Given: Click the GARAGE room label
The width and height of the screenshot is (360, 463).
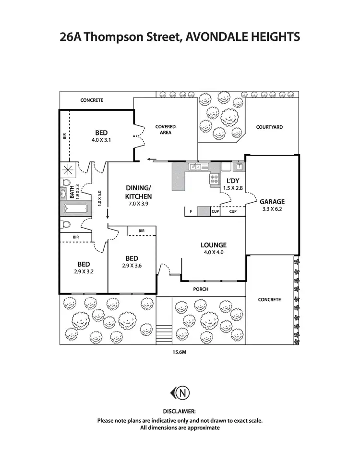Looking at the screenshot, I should [x=272, y=202].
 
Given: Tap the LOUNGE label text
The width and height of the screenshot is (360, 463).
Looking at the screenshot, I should [x=213, y=245].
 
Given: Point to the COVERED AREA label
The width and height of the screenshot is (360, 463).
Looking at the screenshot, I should [x=165, y=129].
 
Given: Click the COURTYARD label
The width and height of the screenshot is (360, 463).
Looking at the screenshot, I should [x=269, y=127].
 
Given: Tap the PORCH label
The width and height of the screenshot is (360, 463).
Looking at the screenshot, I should [x=201, y=289].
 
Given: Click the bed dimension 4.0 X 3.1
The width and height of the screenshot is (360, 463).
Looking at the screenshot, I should [x=101, y=140].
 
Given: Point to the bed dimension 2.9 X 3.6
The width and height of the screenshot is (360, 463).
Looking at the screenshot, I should [x=132, y=266].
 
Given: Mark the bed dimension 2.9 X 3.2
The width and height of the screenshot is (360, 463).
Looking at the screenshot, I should [x=84, y=271].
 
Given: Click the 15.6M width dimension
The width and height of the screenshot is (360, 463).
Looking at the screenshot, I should [x=180, y=353].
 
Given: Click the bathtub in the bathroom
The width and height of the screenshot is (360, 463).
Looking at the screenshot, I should [x=75, y=209].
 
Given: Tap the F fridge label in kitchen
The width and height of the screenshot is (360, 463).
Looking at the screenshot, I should [x=191, y=211].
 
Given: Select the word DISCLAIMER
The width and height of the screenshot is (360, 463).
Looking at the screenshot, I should [x=180, y=412].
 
